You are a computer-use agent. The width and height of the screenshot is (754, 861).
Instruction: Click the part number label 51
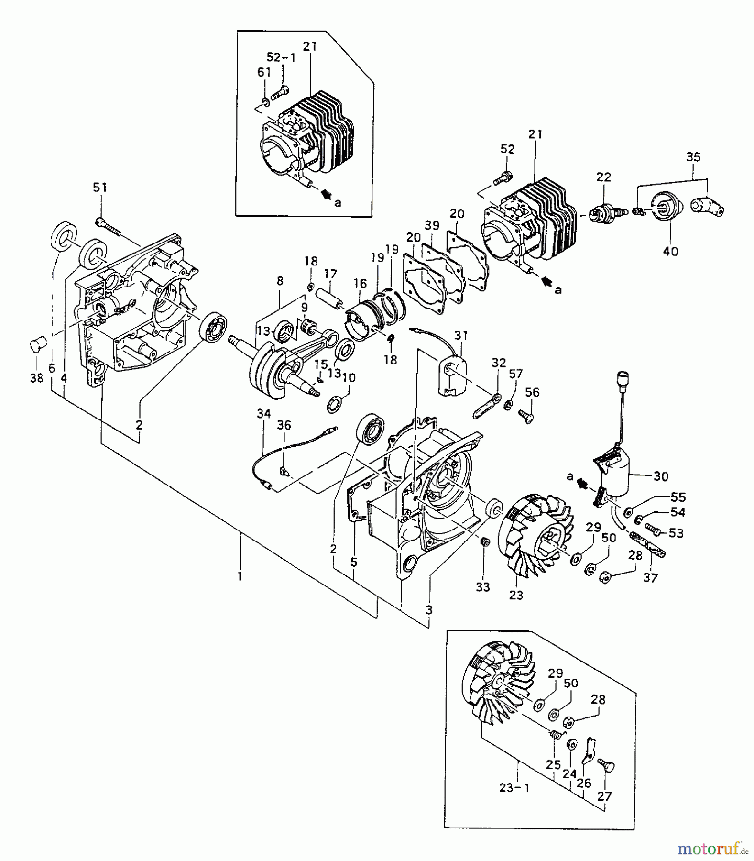(x=99, y=188)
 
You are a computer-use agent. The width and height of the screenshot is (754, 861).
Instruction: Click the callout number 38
(x=36, y=378)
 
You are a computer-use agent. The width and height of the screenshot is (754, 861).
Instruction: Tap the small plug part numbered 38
(x=37, y=343)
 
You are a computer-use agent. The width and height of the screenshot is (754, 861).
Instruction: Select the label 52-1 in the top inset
(x=281, y=57)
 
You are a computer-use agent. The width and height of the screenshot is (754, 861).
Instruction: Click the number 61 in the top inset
(x=264, y=72)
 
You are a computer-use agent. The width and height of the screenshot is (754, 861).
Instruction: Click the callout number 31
(x=460, y=336)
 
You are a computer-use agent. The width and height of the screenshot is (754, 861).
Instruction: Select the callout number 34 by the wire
(x=263, y=413)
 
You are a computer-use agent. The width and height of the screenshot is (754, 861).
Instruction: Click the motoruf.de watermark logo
(x=712, y=849)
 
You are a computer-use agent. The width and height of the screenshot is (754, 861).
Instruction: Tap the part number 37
(x=650, y=577)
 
